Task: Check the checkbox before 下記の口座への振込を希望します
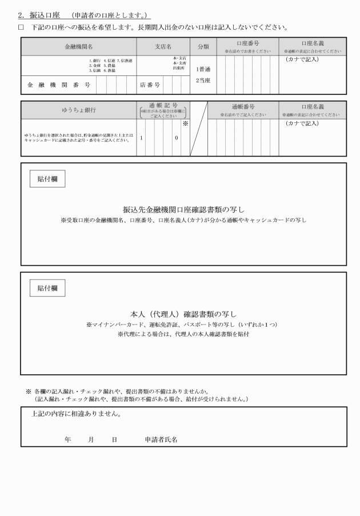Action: click(22, 27)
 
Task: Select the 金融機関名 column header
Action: click(78, 46)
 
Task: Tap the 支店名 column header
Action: click(163, 46)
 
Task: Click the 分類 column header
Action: click(203, 46)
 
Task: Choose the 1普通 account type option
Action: click(203, 69)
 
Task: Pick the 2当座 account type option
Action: click(203, 80)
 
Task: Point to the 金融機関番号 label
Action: click(59, 85)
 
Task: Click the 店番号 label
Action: click(150, 85)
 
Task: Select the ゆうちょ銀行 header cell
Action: click(78, 109)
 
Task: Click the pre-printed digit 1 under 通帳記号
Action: click(141, 138)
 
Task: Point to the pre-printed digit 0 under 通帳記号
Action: click(177, 138)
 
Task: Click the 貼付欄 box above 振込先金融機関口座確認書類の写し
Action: click(47, 179)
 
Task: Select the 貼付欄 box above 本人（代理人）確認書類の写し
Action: click(47, 288)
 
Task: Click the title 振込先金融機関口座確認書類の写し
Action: click(183, 209)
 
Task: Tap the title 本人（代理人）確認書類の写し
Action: click(183, 314)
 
